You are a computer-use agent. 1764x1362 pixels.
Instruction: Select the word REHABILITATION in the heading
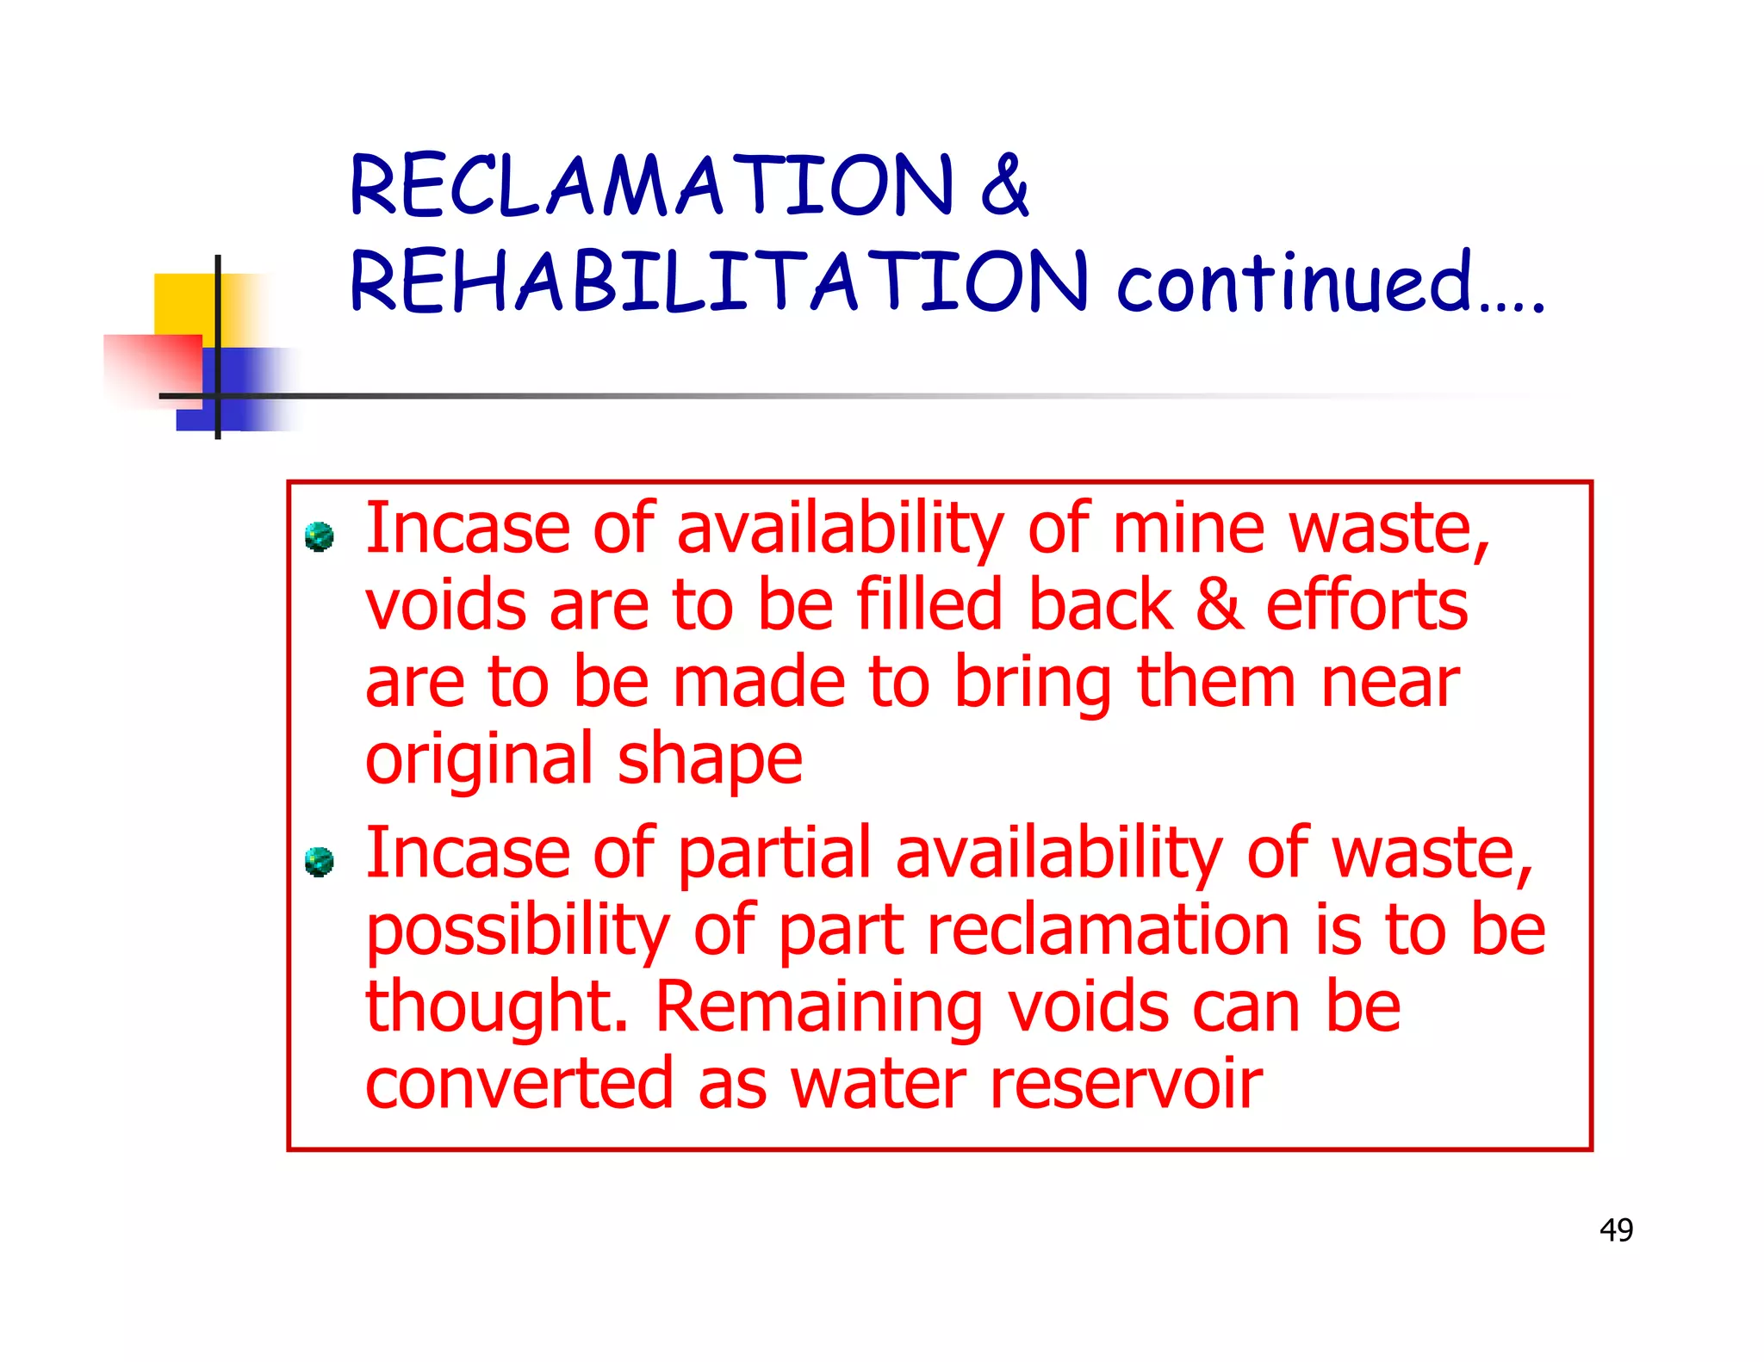pos(718,281)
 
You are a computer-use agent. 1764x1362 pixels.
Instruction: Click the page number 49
pos(1616,1229)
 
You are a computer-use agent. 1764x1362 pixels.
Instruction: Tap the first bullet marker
pos(320,536)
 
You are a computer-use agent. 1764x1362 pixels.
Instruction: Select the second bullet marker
pos(320,861)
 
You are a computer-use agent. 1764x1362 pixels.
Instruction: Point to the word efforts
pos(1366,604)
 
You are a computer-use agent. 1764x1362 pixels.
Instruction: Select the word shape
pos(710,761)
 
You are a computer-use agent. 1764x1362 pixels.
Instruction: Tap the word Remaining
pos(818,1007)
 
